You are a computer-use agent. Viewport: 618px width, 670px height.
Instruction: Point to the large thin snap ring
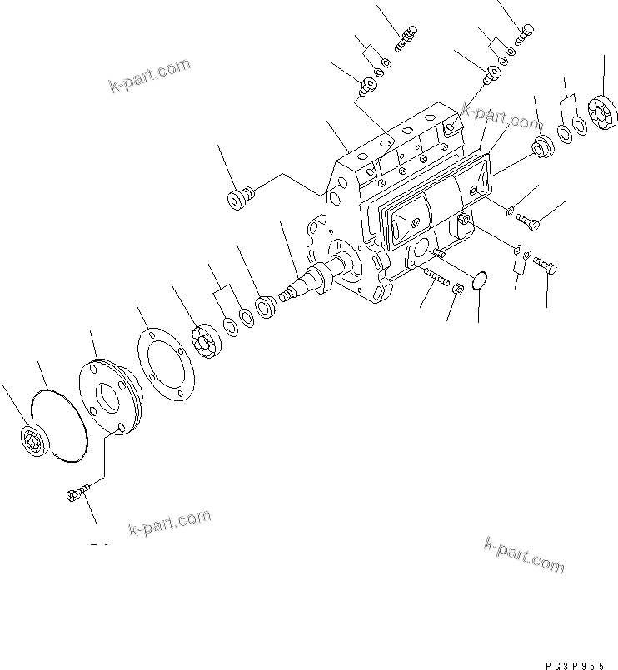tap(62, 424)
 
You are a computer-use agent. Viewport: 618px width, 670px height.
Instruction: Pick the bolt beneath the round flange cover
tap(73, 495)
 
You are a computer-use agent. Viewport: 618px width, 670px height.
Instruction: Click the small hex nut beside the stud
tap(457, 290)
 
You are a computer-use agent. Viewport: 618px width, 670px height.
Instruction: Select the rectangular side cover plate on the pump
tap(433, 200)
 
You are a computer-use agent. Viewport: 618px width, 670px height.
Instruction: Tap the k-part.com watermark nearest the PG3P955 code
tap(523, 555)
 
